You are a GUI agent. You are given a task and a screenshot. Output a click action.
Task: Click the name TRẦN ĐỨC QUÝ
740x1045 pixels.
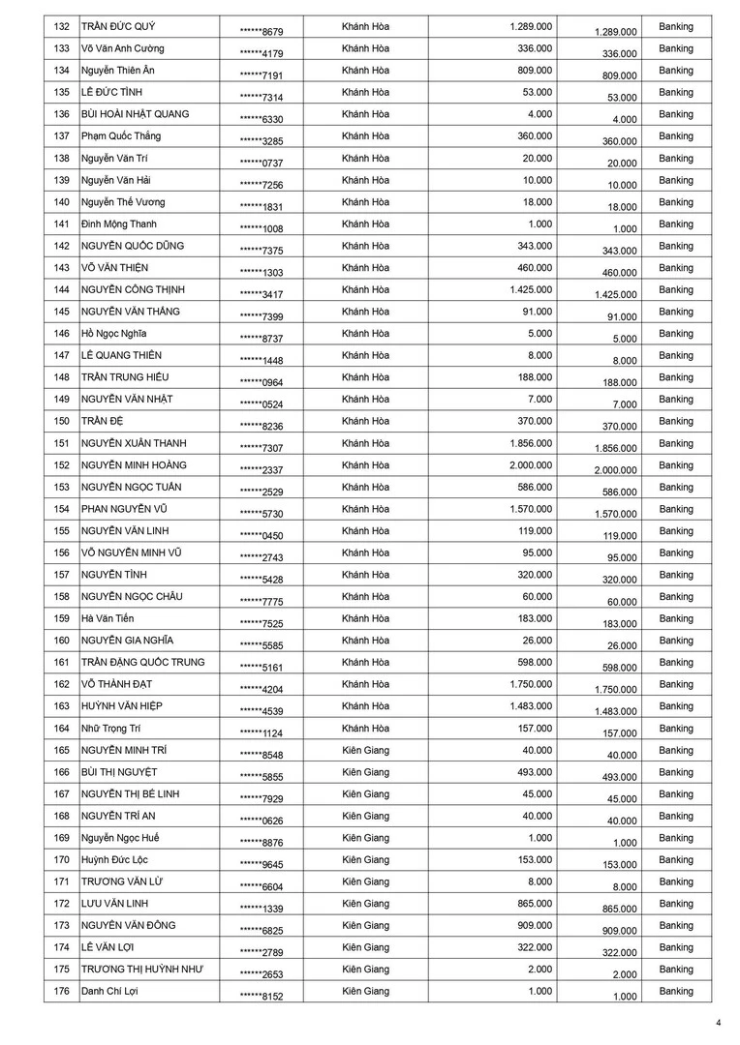point(119,26)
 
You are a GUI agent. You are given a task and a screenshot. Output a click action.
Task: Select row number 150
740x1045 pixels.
point(61,421)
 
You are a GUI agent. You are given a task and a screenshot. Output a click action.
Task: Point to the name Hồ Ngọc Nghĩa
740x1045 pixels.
point(115,333)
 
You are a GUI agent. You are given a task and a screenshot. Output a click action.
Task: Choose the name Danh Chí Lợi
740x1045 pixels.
point(109,991)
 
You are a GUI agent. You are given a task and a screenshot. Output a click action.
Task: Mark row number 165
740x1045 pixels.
point(61,750)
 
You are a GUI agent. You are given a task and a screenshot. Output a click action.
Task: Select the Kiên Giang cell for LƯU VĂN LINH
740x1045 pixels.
point(365,904)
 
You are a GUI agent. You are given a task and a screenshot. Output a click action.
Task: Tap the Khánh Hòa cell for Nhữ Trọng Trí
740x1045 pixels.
point(365,728)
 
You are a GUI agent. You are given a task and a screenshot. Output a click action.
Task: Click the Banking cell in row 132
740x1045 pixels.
point(675,26)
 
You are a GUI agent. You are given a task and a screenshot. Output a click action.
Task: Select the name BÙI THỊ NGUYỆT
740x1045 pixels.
point(119,772)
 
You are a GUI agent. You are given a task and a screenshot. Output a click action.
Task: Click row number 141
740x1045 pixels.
point(61,224)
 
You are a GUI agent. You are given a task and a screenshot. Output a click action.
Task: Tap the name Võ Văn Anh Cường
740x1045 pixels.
point(123,48)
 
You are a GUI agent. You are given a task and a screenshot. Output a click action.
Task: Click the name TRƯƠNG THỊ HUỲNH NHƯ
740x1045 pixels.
point(141,970)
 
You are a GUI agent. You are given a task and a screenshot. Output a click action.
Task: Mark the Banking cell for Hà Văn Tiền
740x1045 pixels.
point(675,618)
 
